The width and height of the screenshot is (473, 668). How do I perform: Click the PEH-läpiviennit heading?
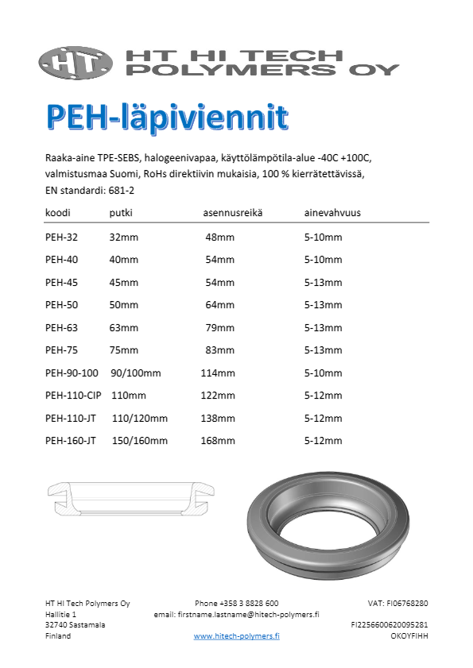pos(167,116)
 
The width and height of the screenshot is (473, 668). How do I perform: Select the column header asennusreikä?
pos(233,214)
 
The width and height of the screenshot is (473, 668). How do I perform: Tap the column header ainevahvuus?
pos(333,214)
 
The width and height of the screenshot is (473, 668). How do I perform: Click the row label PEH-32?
pos(61,237)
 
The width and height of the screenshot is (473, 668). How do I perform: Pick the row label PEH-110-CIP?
pos(72,396)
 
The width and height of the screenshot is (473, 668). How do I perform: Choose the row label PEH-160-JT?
pos(71,441)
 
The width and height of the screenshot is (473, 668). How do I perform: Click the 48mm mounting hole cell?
pos(219,237)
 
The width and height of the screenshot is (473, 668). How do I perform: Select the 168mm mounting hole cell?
pos(218,441)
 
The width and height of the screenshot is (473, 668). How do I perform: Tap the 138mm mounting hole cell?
pos(218,419)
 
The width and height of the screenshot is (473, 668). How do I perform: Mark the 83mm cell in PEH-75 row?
pos(219,350)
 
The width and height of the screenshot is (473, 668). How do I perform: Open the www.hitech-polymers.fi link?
pos(236,636)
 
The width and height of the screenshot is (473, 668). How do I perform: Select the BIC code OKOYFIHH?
pos(410,636)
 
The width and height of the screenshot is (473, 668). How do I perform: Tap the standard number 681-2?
pos(120,191)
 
